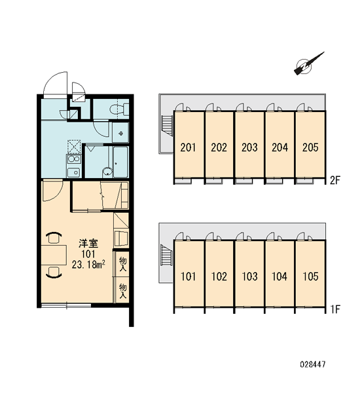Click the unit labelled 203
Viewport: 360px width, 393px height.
click(249, 145)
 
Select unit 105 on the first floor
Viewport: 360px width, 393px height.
click(310, 273)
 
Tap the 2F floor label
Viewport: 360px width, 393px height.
click(334, 180)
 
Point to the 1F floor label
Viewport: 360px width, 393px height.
click(334, 309)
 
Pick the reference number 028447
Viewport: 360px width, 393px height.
click(313, 364)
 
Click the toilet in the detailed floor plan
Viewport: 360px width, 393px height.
click(119, 109)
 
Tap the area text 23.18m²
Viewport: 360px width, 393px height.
click(88, 265)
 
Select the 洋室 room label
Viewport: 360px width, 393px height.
click(88, 244)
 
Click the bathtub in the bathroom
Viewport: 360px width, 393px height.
click(120, 162)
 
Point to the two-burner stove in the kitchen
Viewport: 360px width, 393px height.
click(74, 159)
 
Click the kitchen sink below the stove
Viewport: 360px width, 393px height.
click(73, 172)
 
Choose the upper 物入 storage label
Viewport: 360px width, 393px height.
click(123, 264)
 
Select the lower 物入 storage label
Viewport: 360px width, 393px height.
click(123, 291)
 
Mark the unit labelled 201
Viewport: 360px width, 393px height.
click(189, 145)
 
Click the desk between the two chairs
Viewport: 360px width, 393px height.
click(54, 255)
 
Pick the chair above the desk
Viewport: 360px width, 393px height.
click(54, 238)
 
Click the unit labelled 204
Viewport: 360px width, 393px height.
click(280, 145)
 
